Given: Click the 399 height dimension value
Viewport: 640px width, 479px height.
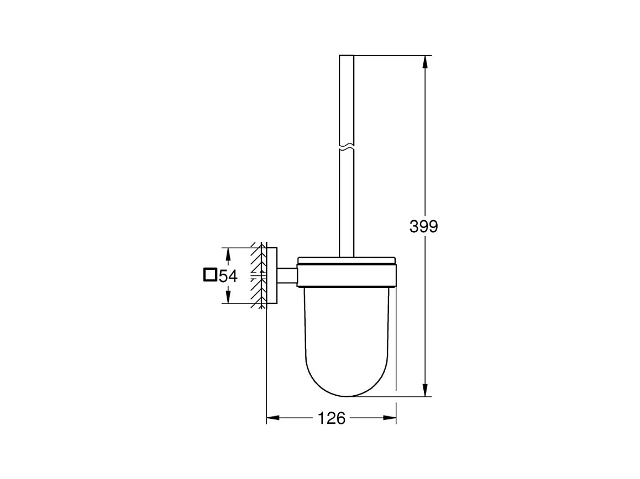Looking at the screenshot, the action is pos(424,226).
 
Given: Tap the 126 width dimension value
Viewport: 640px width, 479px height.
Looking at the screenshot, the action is pos(332,418).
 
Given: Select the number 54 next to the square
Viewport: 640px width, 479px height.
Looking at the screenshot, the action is pos(228,276).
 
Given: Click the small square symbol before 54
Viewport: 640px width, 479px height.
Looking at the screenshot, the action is pos(210,275).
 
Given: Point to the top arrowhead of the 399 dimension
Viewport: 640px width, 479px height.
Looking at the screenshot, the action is pos(425,62).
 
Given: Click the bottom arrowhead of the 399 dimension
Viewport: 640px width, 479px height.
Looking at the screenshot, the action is pos(425,390).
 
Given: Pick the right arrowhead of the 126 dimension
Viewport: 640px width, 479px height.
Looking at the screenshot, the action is pos(390,417).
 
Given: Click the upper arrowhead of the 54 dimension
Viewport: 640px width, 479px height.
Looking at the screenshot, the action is pos(228,254).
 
